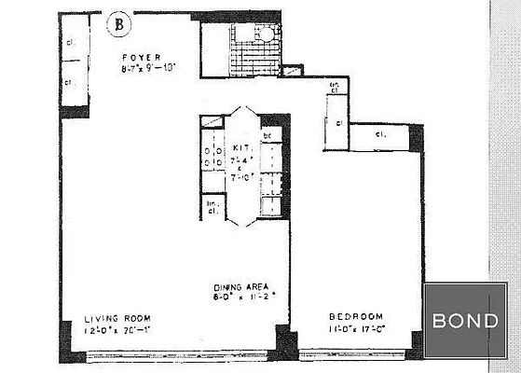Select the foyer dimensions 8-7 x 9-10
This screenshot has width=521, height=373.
point(147,68)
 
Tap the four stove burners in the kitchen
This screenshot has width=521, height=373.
point(213,153)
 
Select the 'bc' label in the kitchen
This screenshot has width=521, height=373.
point(267,136)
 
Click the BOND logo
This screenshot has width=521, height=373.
point(465,320)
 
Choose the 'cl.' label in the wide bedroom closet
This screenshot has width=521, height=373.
point(380,135)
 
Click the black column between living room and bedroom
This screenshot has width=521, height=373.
point(286,343)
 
